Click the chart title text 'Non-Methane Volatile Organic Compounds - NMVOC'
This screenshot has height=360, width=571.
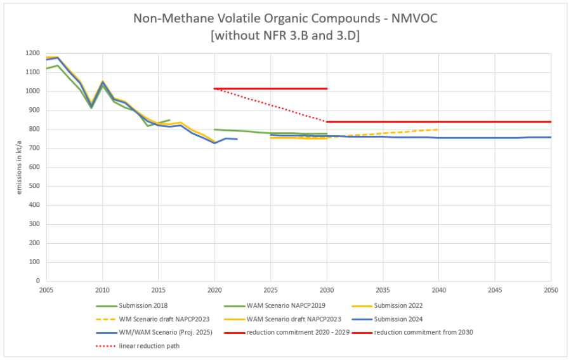(285, 18)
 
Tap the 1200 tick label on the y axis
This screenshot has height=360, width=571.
(32, 53)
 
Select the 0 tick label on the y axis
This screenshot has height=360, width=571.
(38, 281)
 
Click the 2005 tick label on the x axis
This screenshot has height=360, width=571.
(46, 290)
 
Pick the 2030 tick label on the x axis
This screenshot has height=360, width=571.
(327, 290)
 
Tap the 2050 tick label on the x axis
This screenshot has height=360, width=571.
(551, 290)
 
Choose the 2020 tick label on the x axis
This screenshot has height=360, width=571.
(214, 290)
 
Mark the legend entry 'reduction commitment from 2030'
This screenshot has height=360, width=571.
(424, 332)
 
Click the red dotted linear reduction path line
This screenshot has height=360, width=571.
(271, 105)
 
